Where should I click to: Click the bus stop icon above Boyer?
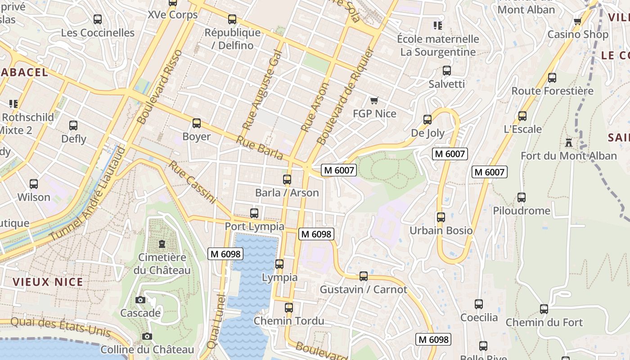197,123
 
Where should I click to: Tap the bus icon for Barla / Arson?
287,180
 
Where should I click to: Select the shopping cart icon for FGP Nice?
374,100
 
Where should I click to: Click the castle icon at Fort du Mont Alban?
569,143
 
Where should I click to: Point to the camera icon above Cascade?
140,300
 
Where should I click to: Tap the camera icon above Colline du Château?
147,336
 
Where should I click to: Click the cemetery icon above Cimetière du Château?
162,244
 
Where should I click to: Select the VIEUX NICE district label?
48,282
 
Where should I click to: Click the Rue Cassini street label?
192,182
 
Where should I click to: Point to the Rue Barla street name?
260,148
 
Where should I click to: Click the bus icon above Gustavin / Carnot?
364,276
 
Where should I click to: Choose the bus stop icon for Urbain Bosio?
441,217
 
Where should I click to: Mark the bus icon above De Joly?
427,120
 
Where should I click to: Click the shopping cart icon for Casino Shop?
578,21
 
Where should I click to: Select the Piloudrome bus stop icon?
522,198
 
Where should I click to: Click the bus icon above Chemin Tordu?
289,308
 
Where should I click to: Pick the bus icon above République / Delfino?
232,19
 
